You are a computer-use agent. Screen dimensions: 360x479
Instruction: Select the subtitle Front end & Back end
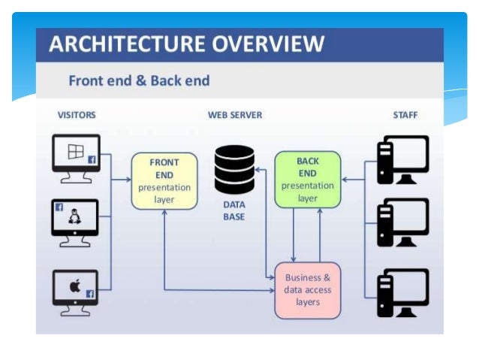tap(139, 80)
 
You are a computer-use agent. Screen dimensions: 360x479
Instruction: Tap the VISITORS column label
tap(77, 115)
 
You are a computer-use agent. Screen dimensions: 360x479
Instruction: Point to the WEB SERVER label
tap(235, 115)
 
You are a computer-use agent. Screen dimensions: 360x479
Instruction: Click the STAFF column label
tap(405, 115)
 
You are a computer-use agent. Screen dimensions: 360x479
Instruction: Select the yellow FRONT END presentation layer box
tap(164, 181)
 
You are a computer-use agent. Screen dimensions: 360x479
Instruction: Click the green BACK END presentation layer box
tap(307, 180)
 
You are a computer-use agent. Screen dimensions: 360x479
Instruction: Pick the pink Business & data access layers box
tap(307, 289)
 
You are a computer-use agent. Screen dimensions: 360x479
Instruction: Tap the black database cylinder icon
tap(234, 168)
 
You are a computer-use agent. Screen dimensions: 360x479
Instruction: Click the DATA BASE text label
tap(234, 210)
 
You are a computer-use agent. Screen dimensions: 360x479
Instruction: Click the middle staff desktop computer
tap(402, 222)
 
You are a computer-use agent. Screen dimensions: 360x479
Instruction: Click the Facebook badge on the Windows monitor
tap(92, 159)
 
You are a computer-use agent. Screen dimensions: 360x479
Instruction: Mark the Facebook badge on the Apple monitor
tap(90, 294)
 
